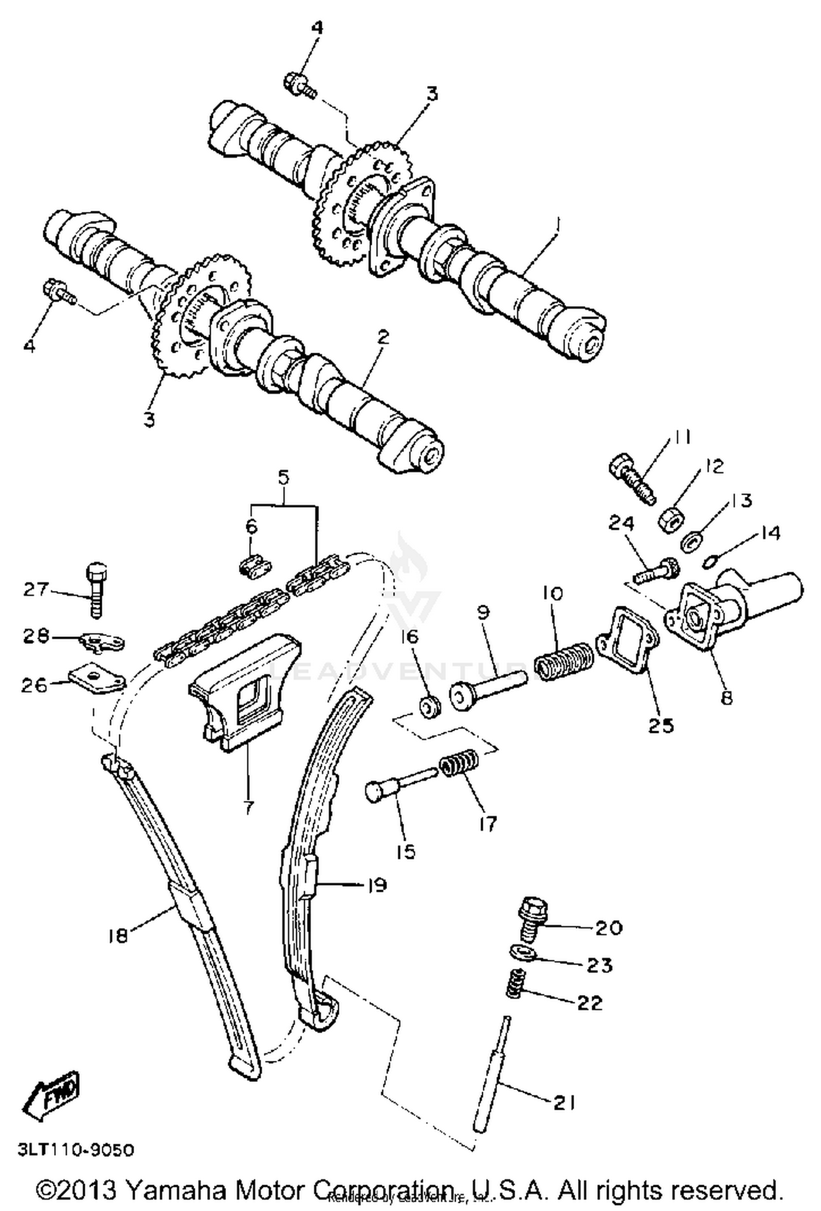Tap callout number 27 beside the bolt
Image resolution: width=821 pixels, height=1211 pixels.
(36, 590)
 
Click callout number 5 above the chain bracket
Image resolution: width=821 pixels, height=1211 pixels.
(283, 478)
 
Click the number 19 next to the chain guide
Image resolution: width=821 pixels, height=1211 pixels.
(377, 885)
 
